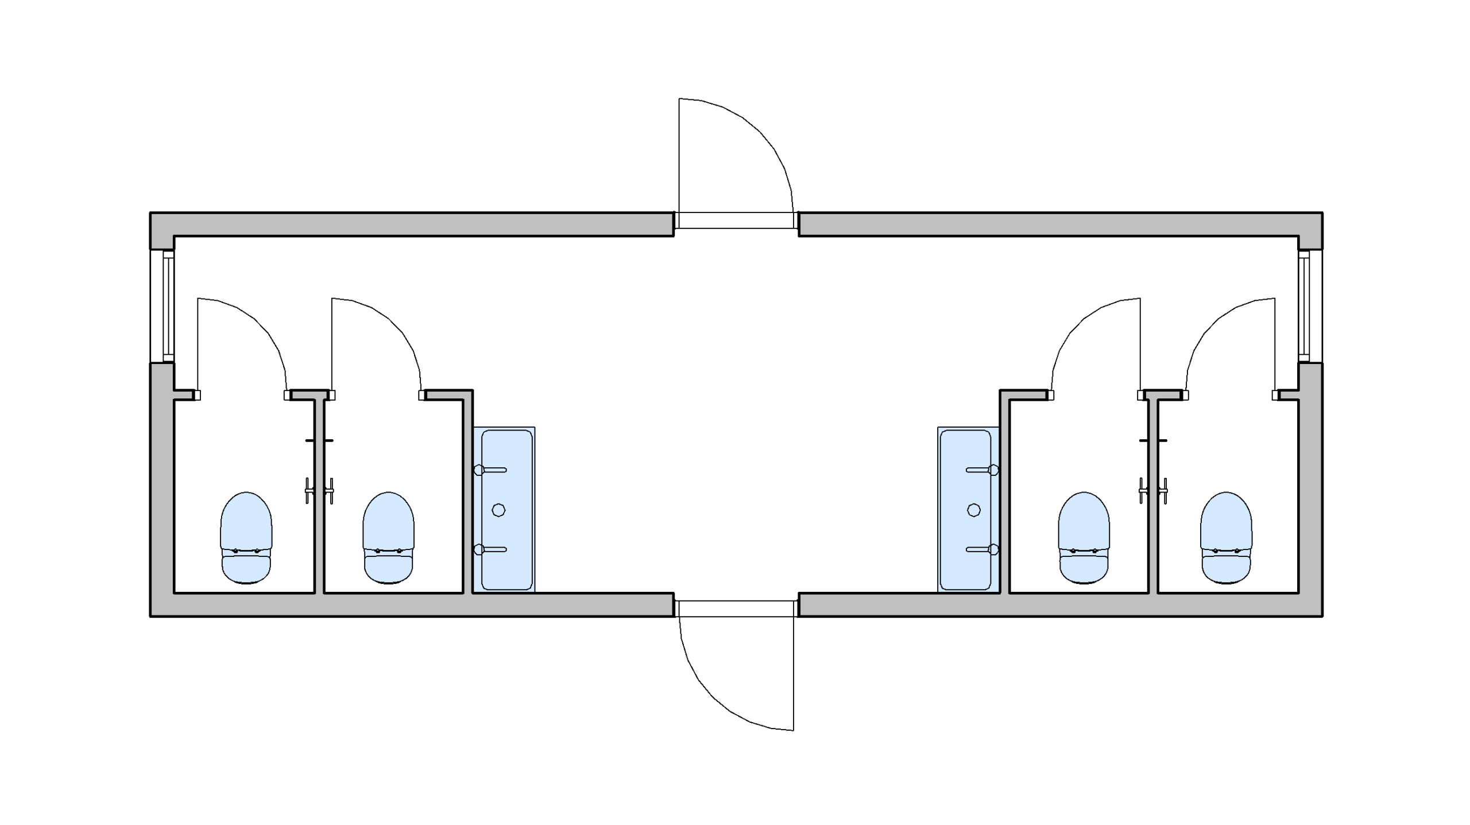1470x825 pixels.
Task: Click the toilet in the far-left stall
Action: [x=246, y=537]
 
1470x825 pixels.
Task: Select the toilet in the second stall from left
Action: [x=388, y=537]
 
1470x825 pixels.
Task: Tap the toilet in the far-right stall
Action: [x=1226, y=537]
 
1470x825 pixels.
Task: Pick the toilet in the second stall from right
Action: [x=1084, y=537]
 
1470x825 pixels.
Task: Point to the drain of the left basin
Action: [x=498, y=510]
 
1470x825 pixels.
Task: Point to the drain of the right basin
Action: [x=973, y=510]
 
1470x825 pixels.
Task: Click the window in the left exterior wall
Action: [x=163, y=307]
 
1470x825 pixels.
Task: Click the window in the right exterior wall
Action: [x=1310, y=307]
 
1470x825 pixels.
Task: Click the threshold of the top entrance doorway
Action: [x=736, y=220]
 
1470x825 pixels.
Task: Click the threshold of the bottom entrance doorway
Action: [x=736, y=609]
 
